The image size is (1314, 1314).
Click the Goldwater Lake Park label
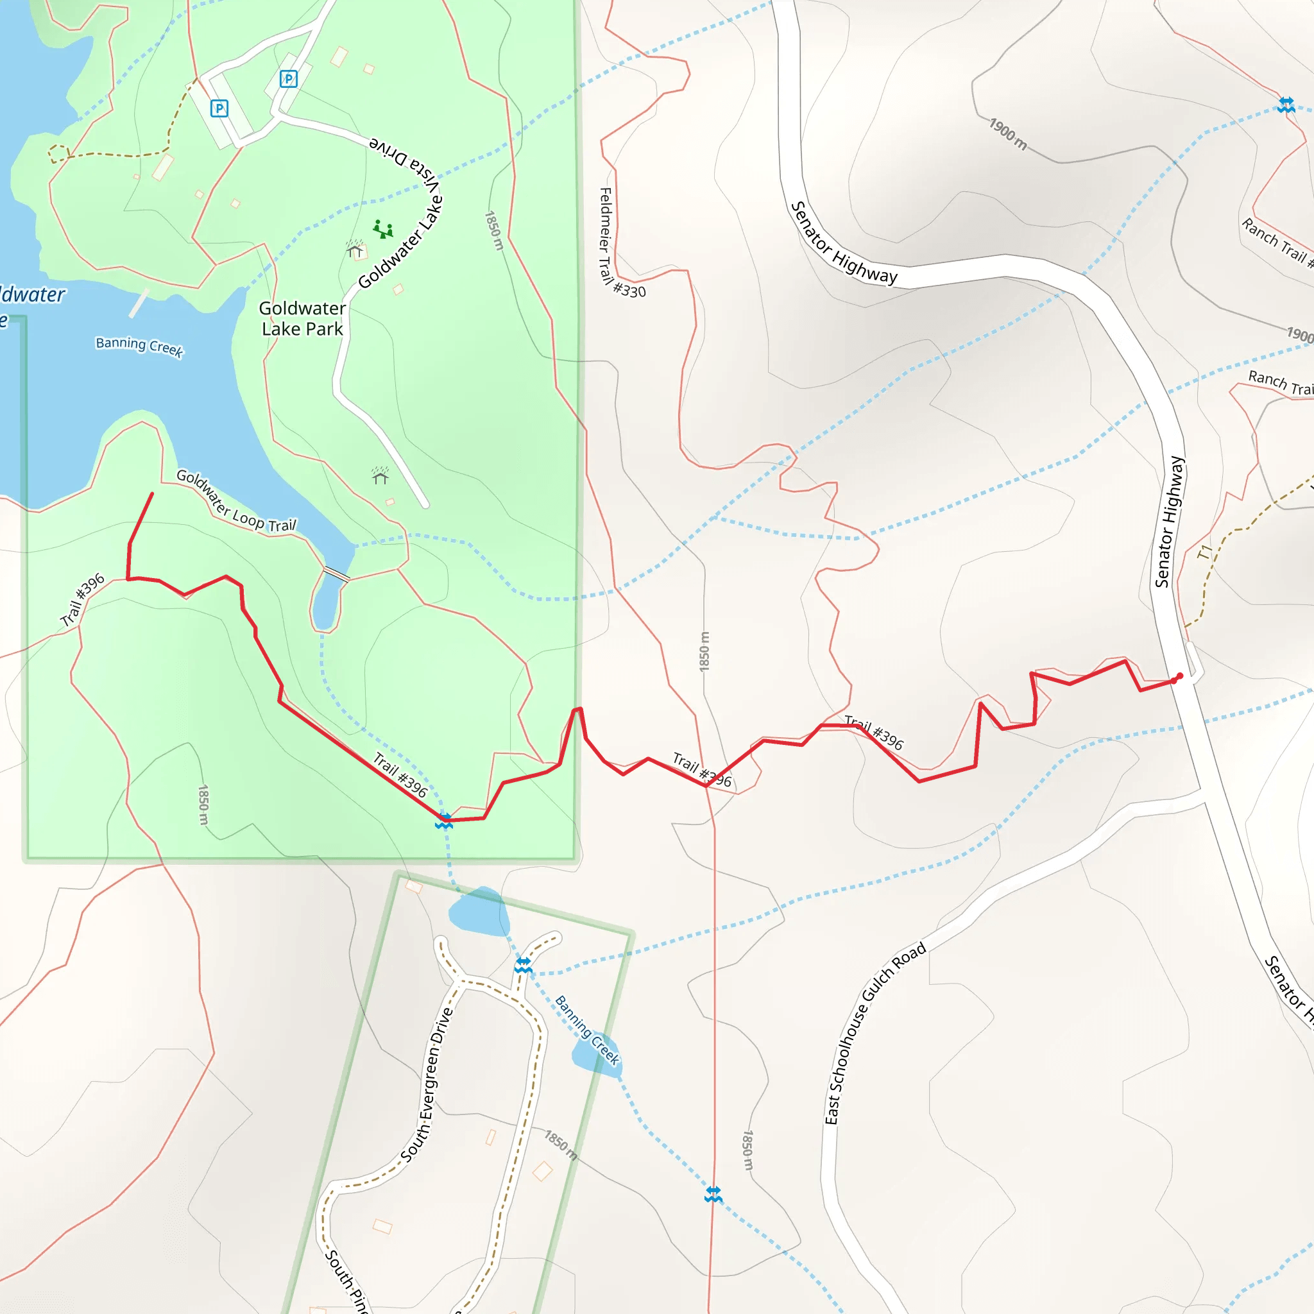[x=302, y=318]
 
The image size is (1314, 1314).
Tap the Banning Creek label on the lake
[x=139, y=346]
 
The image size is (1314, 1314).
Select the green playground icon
[x=383, y=229]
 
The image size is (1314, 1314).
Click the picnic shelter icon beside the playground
[x=355, y=250]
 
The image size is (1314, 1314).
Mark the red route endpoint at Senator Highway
[x=1179, y=677]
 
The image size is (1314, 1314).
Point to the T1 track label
[x=1204, y=552]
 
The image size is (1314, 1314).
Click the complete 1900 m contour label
[x=1007, y=134]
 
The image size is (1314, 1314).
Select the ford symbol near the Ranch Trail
[x=1285, y=105]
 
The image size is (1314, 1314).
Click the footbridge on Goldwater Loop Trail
[x=336, y=574]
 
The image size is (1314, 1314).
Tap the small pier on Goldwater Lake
[x=139, y=303]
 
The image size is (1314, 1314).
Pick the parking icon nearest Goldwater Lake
[x=219, y=108]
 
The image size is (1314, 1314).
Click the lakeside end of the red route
[x=151, y=494]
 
